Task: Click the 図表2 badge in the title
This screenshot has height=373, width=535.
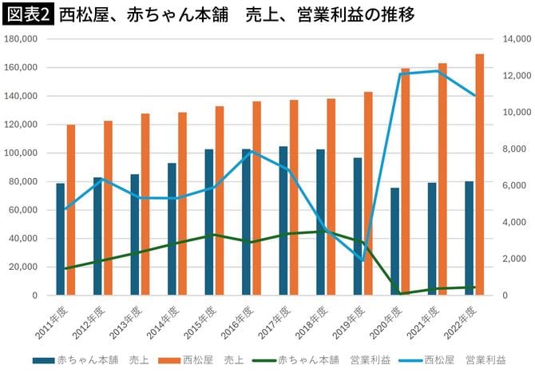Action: pyautogui.click(x=27, y=14)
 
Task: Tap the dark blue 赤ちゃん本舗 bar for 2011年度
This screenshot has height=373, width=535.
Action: pyautogui.click(x=60, y=239)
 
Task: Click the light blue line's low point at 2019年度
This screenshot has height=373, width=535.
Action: pyautogui.click(x=363, y=260)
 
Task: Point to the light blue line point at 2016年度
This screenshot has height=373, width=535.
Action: pyautogui.click(x=252, y=150)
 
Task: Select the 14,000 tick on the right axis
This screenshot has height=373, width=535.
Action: pyautogui.click(x=516, y=39)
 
